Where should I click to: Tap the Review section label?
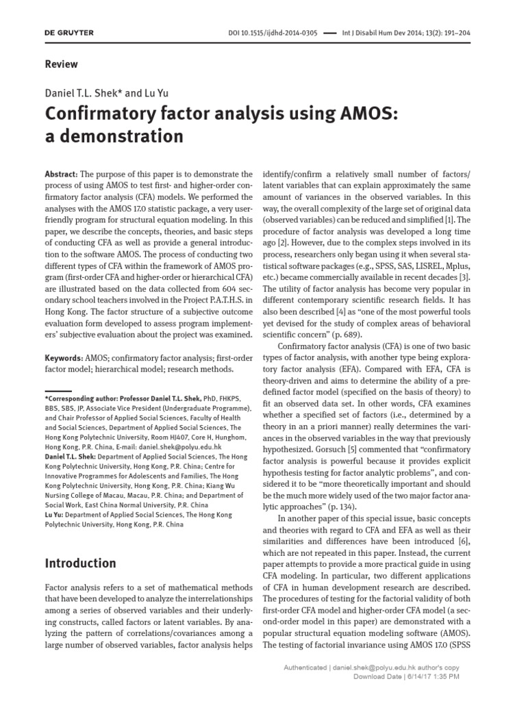pos(61,64)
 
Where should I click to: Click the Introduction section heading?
pos(80,563)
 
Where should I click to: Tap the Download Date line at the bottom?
pos(405,677)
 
